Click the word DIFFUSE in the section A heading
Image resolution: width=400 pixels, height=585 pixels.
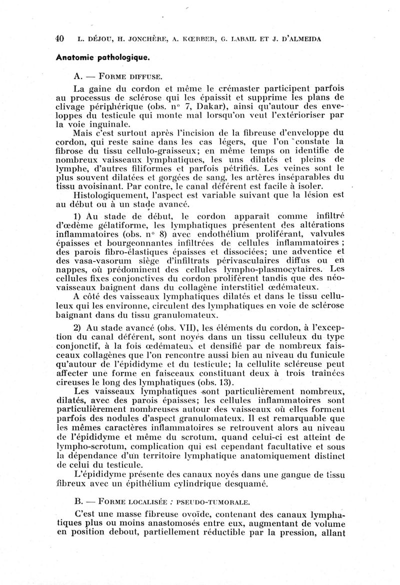141,76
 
